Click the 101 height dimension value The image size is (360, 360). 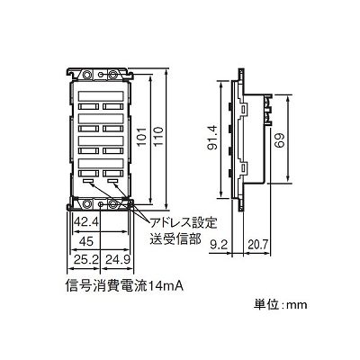(142, 137)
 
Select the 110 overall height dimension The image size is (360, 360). (158, 137)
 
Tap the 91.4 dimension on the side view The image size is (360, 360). (213, 138)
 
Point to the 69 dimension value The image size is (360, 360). (280, 140)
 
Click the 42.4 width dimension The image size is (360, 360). (86, 223)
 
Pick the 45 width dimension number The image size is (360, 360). (86, 240)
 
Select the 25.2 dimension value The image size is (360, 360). (86, 259)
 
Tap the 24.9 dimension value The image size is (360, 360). (117, 259)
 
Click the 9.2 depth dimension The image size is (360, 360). (218, 246)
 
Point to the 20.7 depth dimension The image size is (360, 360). (257, 246)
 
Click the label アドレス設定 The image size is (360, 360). (183, 223)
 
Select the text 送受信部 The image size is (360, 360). (175, 239)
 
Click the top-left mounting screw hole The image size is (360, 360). (86, 74)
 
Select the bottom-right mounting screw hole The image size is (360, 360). (113, 203)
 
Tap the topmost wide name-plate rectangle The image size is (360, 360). (101, 96)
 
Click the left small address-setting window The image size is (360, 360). (88, 181)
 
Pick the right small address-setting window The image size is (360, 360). (113, 181)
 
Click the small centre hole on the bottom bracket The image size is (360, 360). (101, 204)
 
